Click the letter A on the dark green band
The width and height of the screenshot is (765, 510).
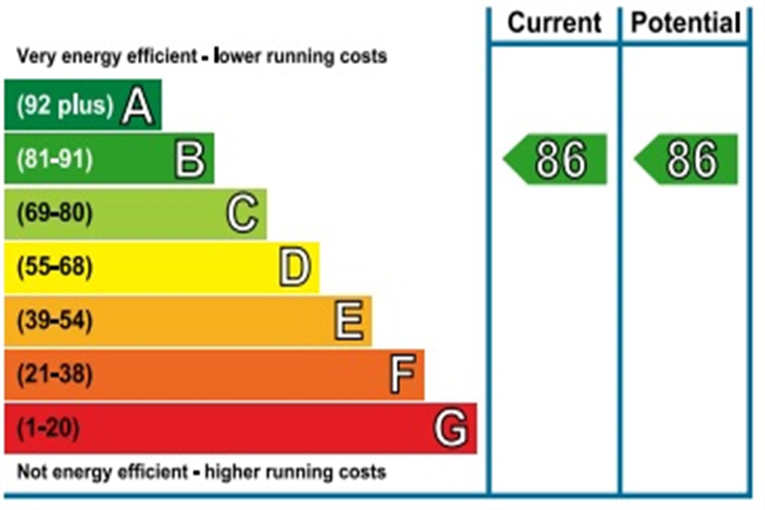(x=138, y=106)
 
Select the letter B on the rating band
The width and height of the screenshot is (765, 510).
(x=190, y=160)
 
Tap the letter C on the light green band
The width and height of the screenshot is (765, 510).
(x=242, y=213)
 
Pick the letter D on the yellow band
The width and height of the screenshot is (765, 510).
(x=295, y=267)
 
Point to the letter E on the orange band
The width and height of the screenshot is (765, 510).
(x=349, y=320)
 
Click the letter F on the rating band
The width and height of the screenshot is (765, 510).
(x=402, y=374)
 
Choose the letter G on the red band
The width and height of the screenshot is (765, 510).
(x=451, y=427)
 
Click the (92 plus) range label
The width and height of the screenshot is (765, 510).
(x=65, y=106)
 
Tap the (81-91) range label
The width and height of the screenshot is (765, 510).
(x=55, y=160)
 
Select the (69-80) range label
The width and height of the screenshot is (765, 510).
(x=55, y=213)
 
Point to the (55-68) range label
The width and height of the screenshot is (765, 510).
(x=55, y=267)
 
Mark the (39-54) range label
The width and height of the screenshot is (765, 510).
(x=55, y=320)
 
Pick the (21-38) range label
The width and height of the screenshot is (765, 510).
(x=55, y=374)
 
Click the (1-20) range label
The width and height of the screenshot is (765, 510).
(x=48, y=427)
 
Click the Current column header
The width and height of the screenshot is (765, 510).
(x=554, y=23)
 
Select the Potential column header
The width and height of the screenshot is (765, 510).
(x=686, y=23)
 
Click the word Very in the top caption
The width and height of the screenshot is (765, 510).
(x=32, y=56)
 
